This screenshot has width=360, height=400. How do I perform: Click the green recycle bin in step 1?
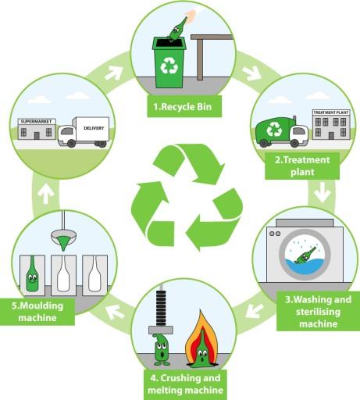click(x=169, y=62)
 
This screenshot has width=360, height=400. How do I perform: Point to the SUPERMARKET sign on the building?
click(x=37, y=120)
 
